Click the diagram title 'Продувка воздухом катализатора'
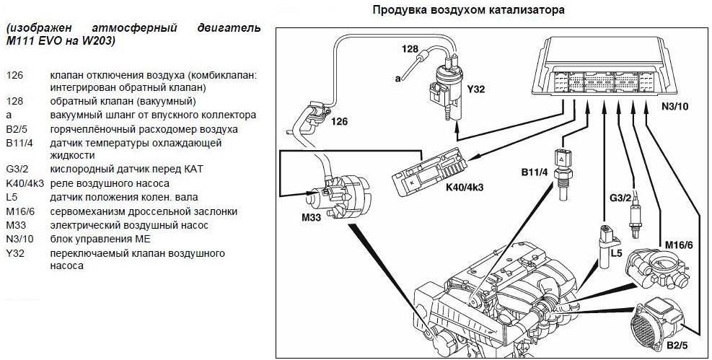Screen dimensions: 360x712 [468, 10]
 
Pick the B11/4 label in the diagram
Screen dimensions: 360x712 [535, 172]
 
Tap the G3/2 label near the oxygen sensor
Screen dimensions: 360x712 [621, 196]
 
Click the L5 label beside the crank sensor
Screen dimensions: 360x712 [615, 255]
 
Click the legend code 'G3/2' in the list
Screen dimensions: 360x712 [18, 170]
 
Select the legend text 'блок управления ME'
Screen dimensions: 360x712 [95, 239]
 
